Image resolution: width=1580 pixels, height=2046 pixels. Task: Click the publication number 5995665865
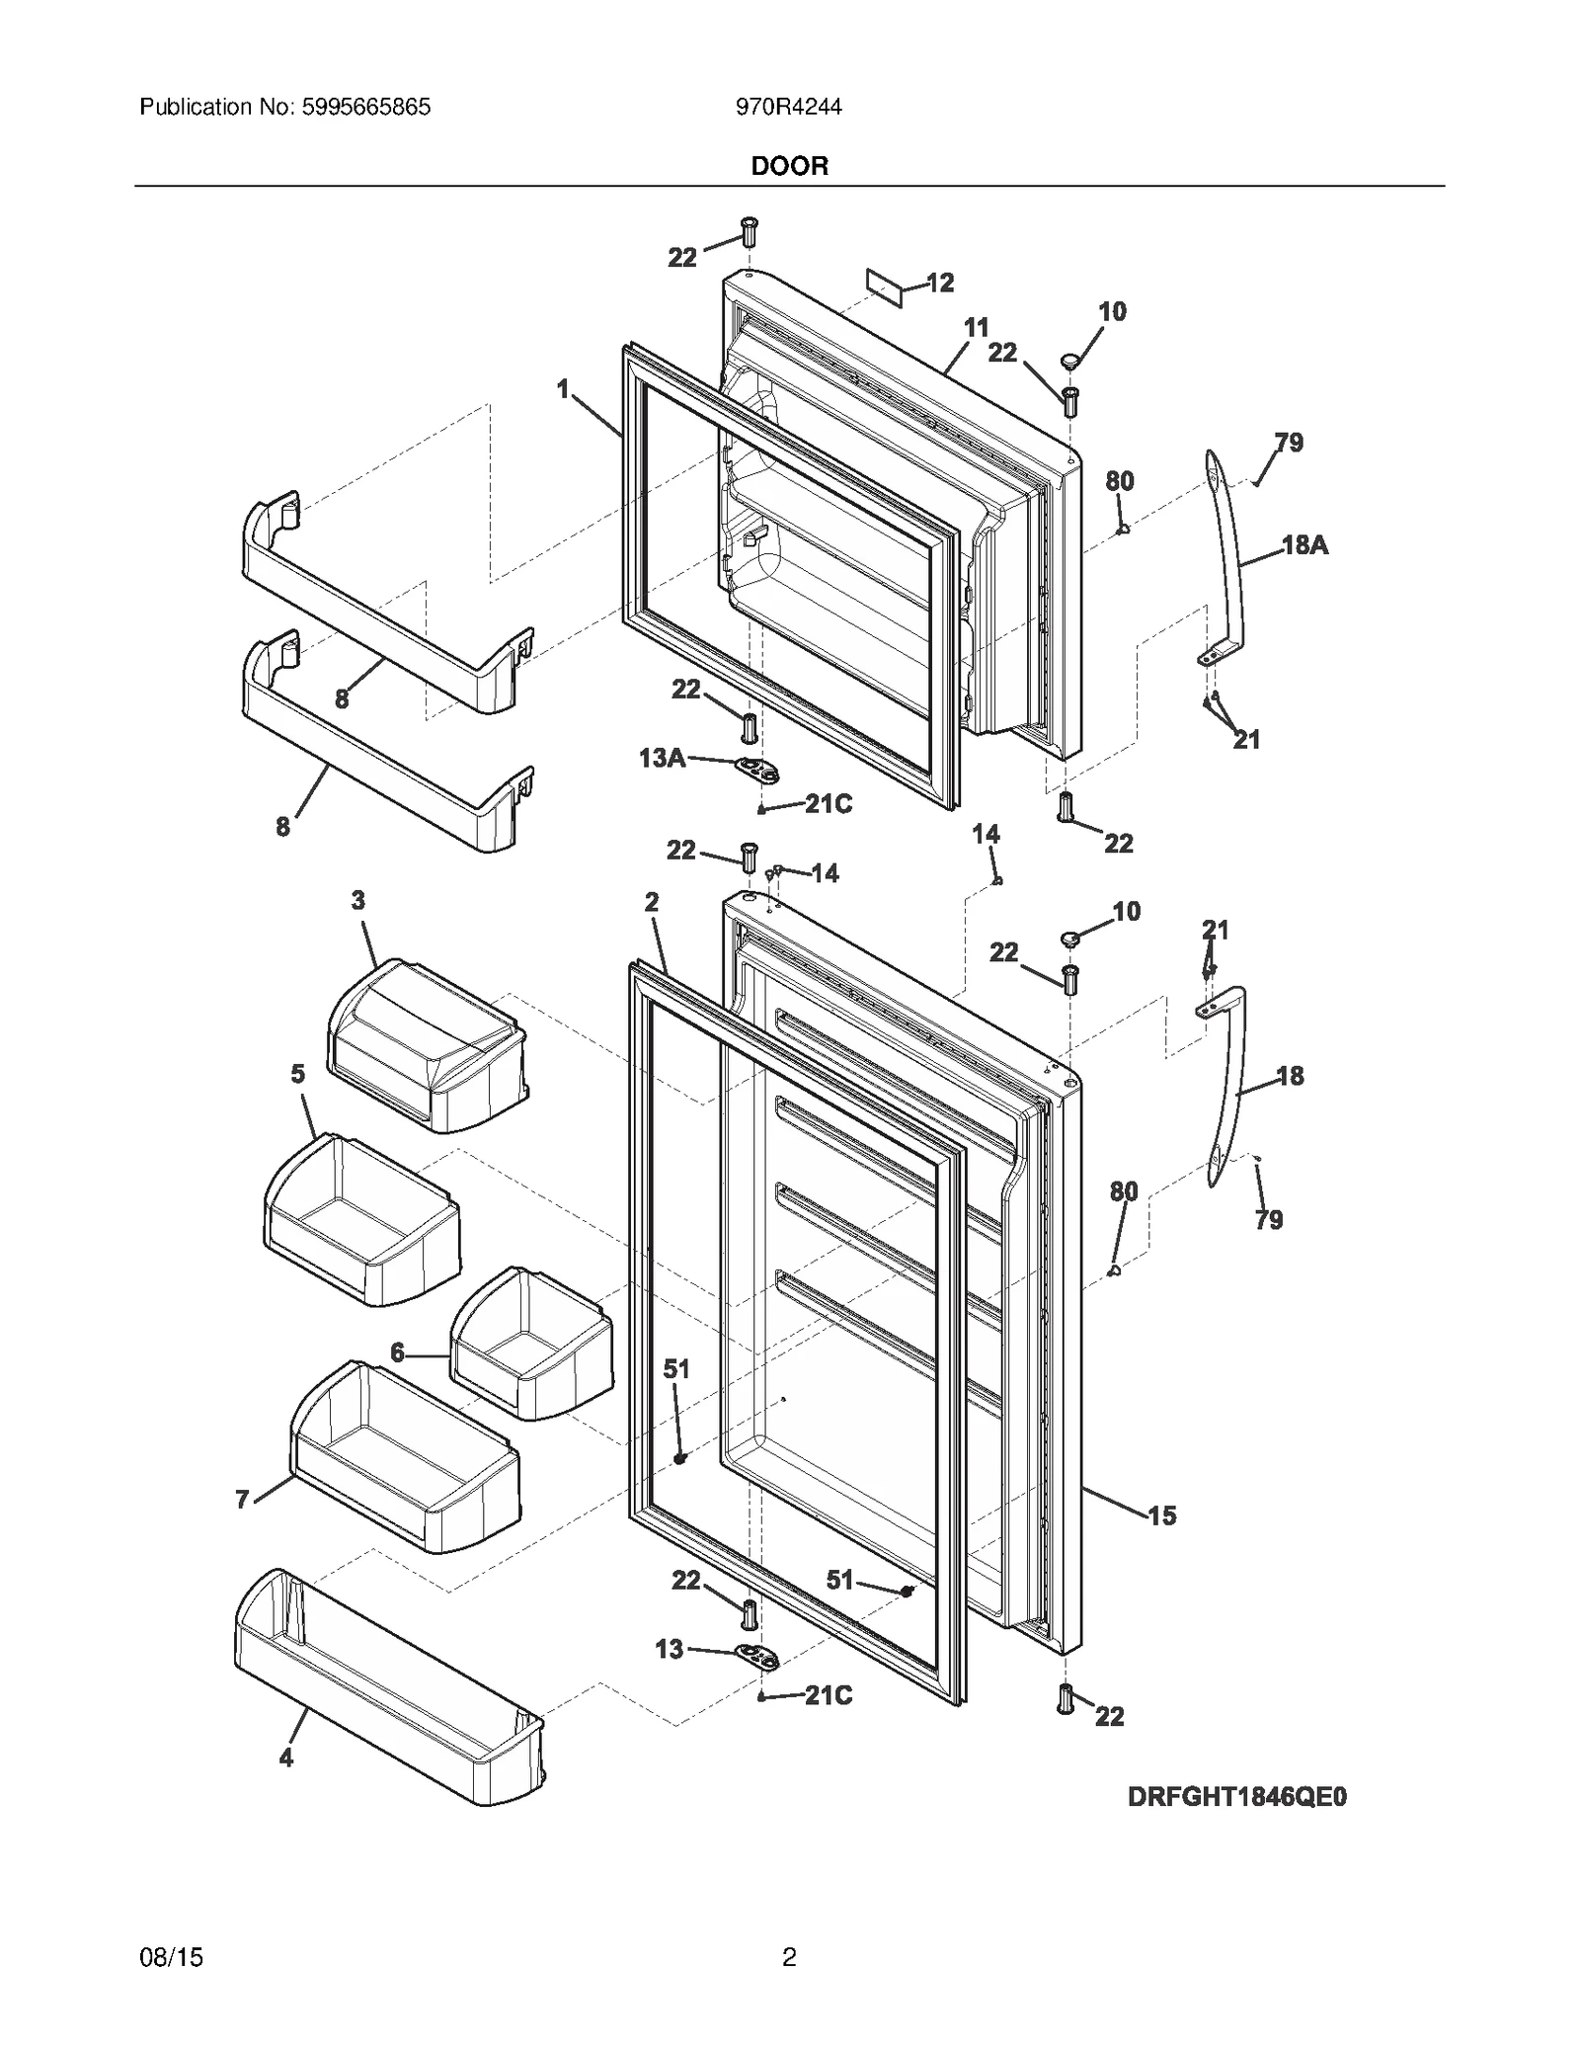tap(361, 107)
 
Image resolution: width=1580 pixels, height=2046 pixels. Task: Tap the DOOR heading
tap(789, 166)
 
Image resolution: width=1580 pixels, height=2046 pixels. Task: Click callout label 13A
tap(662, 758)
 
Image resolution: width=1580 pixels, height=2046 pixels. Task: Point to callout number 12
tap(940, 284)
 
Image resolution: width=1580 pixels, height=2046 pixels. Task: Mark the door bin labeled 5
tap(360, 1220)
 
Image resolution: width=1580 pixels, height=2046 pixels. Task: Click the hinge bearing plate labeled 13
tap(756, 1656)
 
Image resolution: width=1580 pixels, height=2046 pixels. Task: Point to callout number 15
tap(1162, 1515)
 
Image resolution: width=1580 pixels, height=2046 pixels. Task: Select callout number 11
tap(976, 328)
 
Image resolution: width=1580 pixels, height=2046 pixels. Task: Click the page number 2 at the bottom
tap(789, 1957)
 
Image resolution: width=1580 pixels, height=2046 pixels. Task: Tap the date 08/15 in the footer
tap(172, 1957)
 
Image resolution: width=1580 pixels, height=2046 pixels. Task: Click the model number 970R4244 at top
tap(788, 107)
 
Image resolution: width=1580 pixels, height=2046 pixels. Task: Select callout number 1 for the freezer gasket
tap(563, 390)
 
